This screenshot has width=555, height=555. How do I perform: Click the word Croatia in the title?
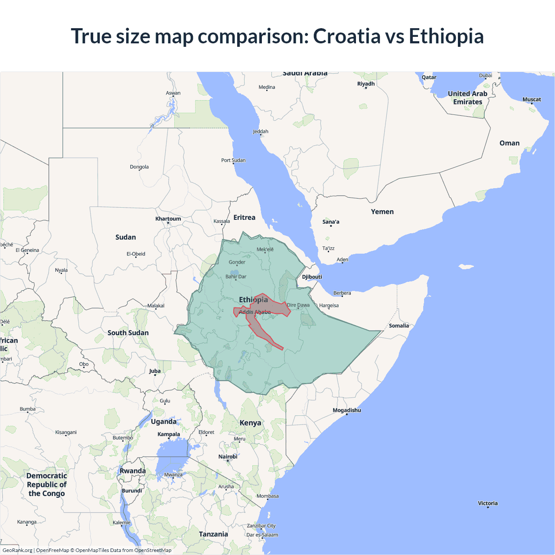[x=346, y=36]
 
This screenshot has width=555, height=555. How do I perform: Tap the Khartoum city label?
[x=168, y=219]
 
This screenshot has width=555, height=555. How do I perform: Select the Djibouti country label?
[x=312, y=277]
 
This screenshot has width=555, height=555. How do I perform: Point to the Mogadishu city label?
[x=347, y=410]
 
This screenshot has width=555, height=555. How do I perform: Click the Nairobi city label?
[x=228, y=457]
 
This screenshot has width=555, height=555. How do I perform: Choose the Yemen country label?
[x=382, y=212]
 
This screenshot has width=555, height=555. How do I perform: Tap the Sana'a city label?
[x=331, y=222]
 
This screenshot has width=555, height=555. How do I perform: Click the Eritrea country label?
[x=245, y=217]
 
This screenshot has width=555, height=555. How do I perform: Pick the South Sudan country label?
[x=128, y=333]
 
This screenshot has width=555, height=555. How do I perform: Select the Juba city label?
[x=155, y=371]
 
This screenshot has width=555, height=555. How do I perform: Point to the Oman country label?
[x=509, y=143]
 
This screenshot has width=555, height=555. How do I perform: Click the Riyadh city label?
[x=366, y=84]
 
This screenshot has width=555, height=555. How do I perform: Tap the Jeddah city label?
[x=261, y=131]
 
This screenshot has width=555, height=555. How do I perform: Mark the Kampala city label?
[x=169, y=434]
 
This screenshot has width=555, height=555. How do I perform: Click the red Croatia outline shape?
[x=260, y=327]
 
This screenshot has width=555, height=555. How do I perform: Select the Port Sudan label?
[x=233, y=160]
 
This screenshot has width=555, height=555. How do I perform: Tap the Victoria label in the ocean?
[x=488, y=503]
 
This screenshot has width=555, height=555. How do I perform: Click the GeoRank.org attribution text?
[x=17, y=550]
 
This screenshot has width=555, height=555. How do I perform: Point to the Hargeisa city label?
[x=329, y=306]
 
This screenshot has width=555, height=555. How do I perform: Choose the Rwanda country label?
[x=133, y=471]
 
